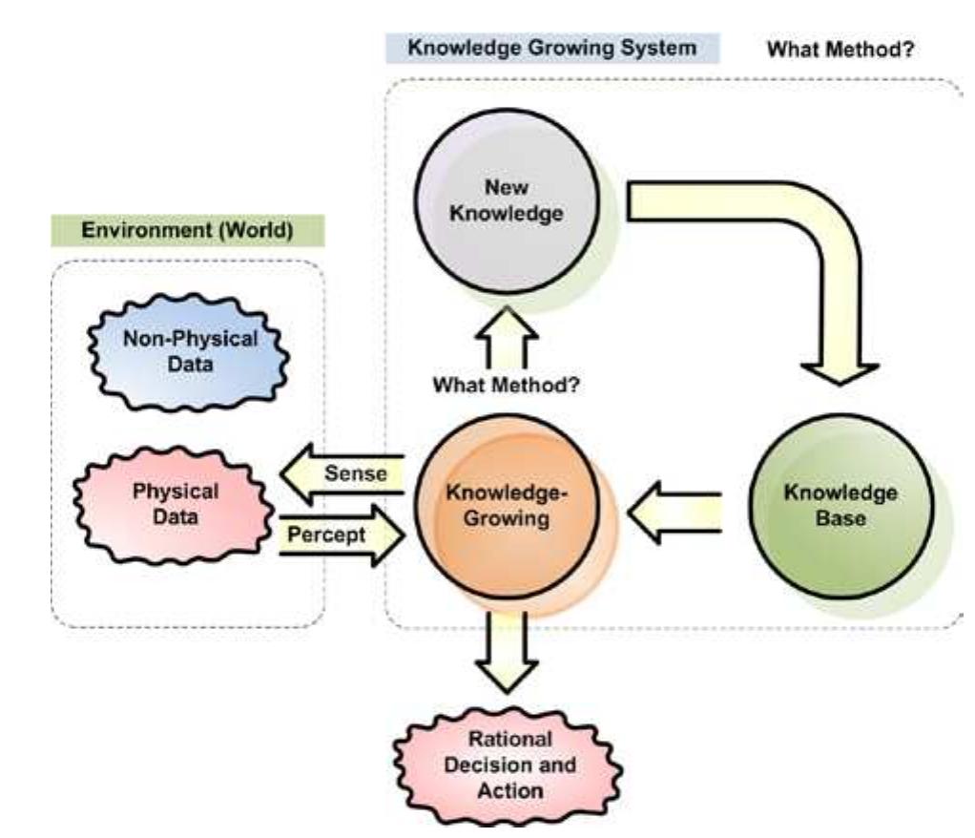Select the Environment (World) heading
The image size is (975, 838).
click(x=187, y=231)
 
